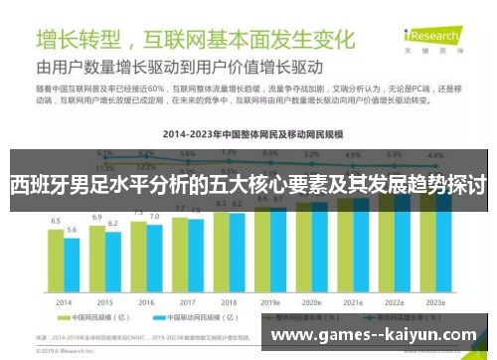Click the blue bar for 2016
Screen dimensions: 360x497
[155, 257]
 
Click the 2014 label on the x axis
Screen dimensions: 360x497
[63, 301]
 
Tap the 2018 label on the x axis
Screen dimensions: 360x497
[229, 301]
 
